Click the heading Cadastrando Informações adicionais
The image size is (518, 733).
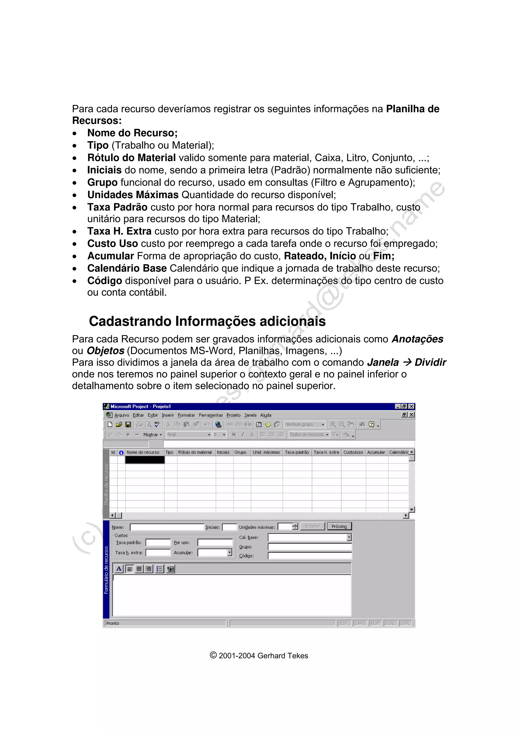[207, 321]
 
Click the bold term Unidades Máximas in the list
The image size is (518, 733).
[133, 195]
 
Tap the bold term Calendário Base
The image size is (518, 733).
[127, 268]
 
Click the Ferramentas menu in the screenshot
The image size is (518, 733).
[211, 415]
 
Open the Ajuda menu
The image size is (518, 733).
[266, 415]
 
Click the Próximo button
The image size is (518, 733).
[339, 526]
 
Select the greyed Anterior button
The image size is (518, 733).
[312, 526]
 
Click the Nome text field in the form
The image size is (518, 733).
[167, 527]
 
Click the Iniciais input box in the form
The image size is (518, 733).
[229, 527]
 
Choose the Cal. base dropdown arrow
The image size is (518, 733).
[349, 537]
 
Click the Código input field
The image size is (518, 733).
[310, 556]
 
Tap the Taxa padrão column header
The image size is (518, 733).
[297, 452]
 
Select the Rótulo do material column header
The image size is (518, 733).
[195, 452]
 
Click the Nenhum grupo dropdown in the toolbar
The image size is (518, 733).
[305, 424]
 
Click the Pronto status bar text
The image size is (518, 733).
[113, 623]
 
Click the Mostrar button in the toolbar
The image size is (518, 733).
[152, 435]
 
